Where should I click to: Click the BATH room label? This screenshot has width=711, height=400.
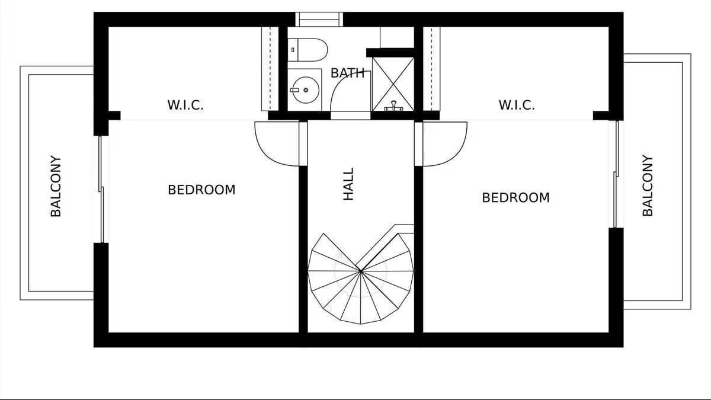(x=347, y=73)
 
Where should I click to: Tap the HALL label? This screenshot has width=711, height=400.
(x=348, y=184)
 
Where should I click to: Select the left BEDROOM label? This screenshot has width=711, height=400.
(x=201, y=190)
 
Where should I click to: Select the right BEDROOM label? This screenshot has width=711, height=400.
(x=516, y=197)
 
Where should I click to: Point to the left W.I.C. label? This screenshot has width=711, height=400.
(x=185, y=105)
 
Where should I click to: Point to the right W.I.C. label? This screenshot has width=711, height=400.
(x=517, y=105)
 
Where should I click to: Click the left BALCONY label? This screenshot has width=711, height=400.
(x=56, y=186)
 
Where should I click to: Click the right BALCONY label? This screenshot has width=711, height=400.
(x=648, y=185)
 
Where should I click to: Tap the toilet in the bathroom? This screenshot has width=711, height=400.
(x=308, y=50)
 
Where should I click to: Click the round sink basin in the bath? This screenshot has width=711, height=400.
(x=305, y=90)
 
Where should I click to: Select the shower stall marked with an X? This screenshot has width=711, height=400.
(x=393, y=84)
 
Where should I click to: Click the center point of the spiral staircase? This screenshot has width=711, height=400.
(x=361, y=271)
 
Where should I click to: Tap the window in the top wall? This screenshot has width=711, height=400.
(x=319, y=20)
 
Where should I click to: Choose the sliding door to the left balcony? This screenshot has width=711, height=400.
(x=101, y=190)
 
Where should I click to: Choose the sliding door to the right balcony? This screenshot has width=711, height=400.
(x=616, y=174)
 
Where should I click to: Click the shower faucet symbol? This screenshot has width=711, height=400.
(x=393, y=106)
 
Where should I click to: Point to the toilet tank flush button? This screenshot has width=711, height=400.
(x=293, y=50)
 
